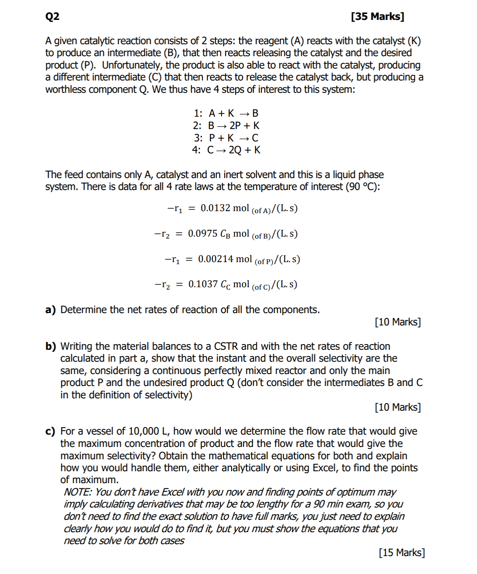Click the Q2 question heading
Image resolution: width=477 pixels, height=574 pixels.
click(x=52, y=16)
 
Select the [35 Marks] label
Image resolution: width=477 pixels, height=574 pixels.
click(x=377, y=16)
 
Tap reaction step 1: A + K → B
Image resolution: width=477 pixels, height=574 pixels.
click(x=226, y=113)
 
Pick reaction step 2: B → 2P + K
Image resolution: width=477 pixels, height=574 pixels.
click(x=226, y=125)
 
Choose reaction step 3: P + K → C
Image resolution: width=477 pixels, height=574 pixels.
click(x=226, y=138)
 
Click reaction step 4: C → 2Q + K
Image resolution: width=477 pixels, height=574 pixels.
click(x=226, y=150)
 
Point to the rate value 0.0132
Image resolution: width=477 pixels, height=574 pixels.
click(x=215, y=208)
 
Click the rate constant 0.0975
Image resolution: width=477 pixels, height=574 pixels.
click(x=202, y=233)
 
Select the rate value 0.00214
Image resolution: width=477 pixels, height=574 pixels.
click(x=215, y=259)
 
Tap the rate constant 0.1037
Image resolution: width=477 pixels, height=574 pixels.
click(x=203, y=284)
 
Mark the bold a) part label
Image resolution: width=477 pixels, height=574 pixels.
click(x=50, y=310)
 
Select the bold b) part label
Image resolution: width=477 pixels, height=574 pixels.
click(x=50, y=347)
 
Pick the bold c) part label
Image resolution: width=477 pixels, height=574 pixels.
click(x=50, y=431)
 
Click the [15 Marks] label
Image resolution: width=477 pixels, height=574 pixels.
click(x=402, y=552)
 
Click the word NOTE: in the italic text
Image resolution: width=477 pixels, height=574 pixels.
click(x=78, y=492)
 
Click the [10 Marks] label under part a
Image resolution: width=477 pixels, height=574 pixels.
click(x=398, y=322)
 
